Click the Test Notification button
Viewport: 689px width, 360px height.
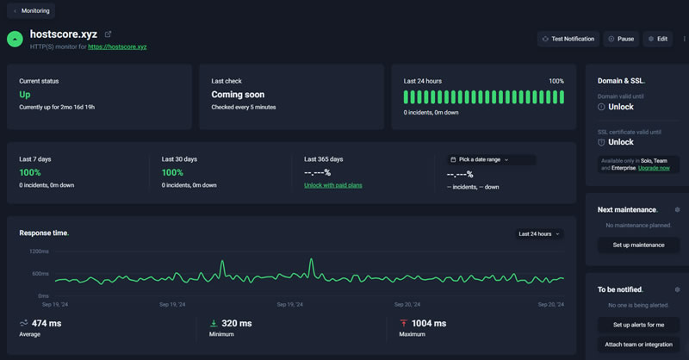[x=568, y=39]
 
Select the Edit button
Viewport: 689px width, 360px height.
[x=658, y=39]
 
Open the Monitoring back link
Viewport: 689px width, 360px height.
[x=31, y=11]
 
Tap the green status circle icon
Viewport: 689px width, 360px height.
[x=15, y=39]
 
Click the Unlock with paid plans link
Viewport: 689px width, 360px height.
[x=333, y=185]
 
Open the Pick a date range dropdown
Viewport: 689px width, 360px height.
[x=481, y=159]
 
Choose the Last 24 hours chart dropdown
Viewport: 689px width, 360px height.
[x=539, y=233]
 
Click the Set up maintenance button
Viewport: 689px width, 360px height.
[x=638, y=245]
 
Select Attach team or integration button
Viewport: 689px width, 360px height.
[x=638, y=344]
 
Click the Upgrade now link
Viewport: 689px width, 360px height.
[x=653, y=168]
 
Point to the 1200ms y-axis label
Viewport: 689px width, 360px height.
[x=39, y=251]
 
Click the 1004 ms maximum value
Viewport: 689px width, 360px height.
[x=429, y=323]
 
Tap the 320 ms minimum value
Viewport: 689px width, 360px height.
[x=236, y=323]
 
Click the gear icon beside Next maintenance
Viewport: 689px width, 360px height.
[x=678, y=209]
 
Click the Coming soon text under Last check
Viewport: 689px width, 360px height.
[x=238, y=95]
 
